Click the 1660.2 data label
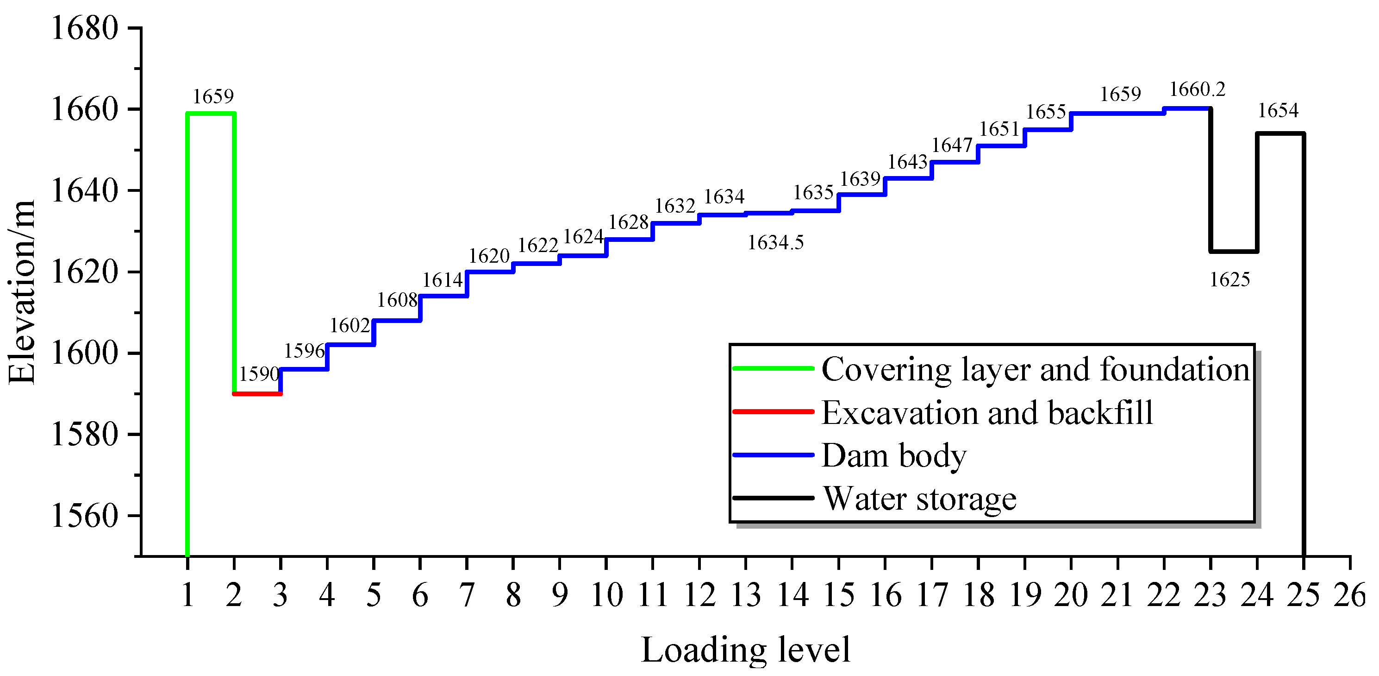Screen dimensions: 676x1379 click(x=1197, y=89)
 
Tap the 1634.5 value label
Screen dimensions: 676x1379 click(x=775, y=243)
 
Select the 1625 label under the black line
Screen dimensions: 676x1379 click(x=1229, y=279)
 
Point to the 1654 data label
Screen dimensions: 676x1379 click(x=1278, y=110)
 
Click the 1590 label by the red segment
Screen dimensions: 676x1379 click(x=259, y=373)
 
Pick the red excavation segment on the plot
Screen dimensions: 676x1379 click(x=257, y=394)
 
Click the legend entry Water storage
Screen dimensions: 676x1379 click(x=919, y=499)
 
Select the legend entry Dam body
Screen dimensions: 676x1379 click(x=894, y=456)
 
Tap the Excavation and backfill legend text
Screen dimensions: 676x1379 click(x=987, y=412)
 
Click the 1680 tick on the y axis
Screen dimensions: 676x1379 click(x=84, y=28)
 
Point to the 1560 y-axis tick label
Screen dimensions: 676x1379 click(x=84, y=516)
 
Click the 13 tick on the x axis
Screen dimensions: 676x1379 click(x=745, y=595)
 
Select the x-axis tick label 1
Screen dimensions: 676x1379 click(x=187, y=595)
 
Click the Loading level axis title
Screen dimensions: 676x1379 click(x=745, y=650)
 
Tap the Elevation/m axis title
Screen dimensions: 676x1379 click(x=21, y=292)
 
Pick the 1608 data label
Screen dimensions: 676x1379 click(x=397, y=300)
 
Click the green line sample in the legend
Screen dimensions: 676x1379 click(x=773, y=368)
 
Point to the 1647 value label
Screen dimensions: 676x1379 click(x=951, y=145)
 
